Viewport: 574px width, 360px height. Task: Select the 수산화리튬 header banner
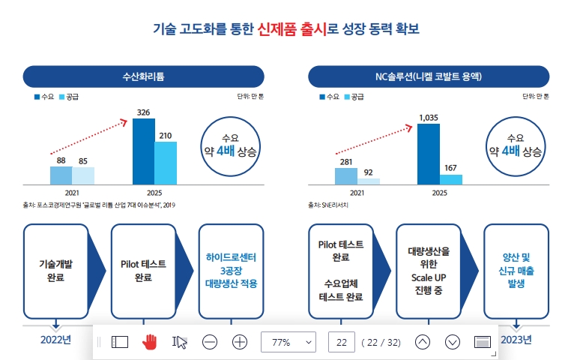(143, 76)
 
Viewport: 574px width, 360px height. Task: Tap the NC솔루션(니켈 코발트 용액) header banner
(428, 76)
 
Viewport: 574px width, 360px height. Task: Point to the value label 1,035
(428, 117)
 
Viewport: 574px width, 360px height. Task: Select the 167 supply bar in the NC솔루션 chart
(450, 179)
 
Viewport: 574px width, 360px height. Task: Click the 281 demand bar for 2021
(345, 175)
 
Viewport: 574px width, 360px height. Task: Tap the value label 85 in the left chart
(83, 160)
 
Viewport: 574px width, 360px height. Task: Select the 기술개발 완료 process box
(55, 271)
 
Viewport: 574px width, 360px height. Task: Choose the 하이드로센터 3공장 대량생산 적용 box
(231, 271)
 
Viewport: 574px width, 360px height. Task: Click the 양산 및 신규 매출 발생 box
(515, 271)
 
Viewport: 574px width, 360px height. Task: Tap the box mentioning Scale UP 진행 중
(427, 271)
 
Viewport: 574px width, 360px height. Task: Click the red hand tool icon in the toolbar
(150, 342)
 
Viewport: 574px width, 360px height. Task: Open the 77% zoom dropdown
(288, 342)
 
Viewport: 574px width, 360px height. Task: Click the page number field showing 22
(341, 342)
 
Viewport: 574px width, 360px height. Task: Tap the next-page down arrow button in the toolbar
(452, 342)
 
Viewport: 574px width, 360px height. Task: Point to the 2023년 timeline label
(516, 340)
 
